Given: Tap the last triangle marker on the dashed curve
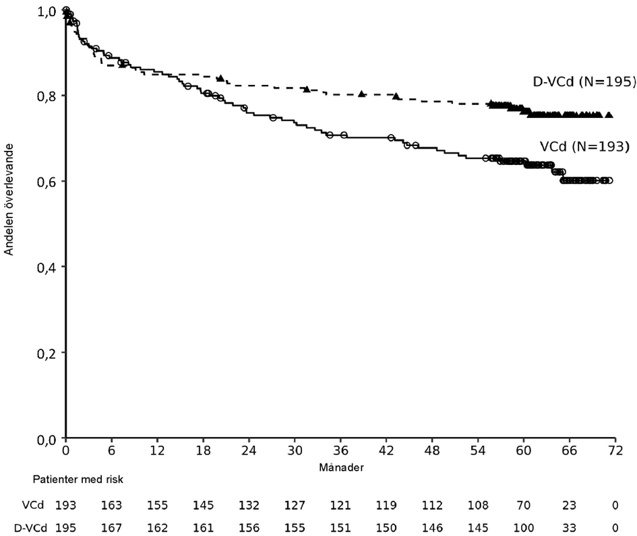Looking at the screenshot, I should pyautogui.click(x=609, y=115).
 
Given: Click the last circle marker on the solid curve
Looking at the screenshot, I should pyautogui.click(x=609, y=180).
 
